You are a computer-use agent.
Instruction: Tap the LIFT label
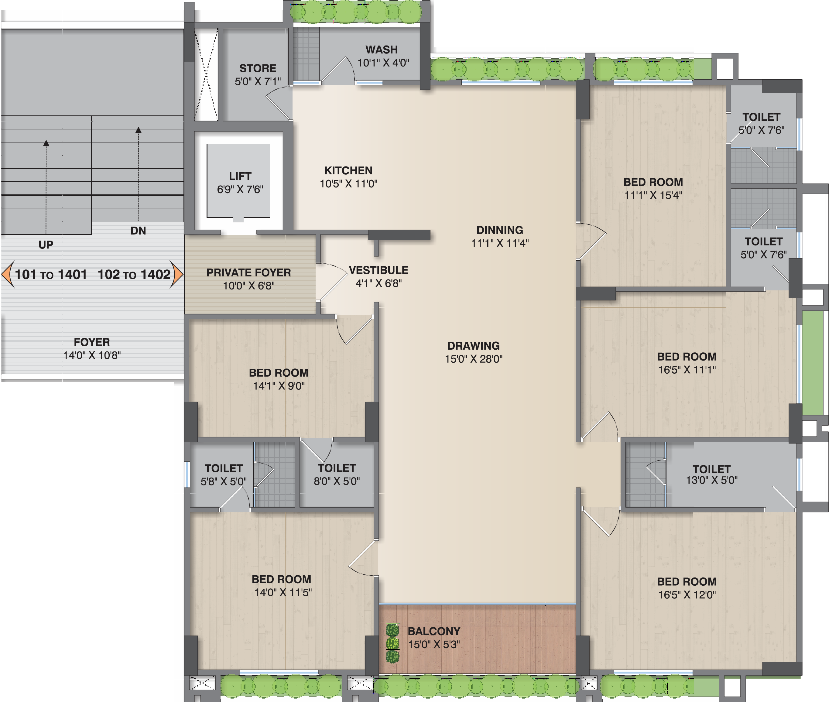pos(240,176)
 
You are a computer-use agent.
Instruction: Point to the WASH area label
pos(381,50)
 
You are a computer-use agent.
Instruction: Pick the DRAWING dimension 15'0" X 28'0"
pos(473,359)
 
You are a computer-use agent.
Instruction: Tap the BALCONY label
pos(434,631)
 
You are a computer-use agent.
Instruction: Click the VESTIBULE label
pos(379,270)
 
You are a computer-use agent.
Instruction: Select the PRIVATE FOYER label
pos(248,272)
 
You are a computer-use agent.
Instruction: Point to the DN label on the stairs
pos(138,231)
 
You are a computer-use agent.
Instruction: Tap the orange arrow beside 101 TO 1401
pos(8,274)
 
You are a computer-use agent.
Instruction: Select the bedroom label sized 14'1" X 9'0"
pos(279,373)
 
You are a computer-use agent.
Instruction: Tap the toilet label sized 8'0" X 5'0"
pos(336,468)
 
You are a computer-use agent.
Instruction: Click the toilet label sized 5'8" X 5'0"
pos(223,468)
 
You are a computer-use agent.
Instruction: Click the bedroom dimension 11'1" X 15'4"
pos(653,195)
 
